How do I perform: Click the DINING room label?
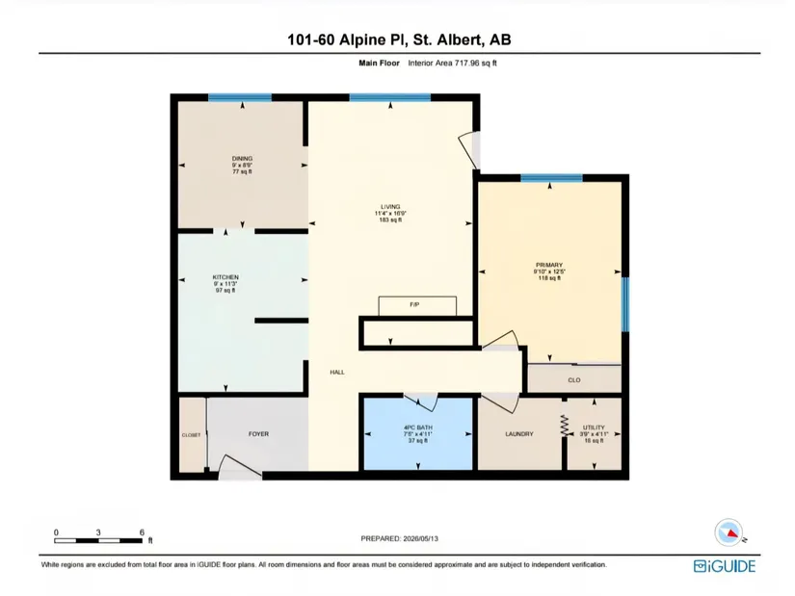[x=242, y=159]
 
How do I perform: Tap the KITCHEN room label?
[x=225, y=277]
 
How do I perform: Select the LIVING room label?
[x=390, y=207]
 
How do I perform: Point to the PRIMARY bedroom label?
[x=549, y=265]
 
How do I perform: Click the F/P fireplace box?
[x=417, y=306]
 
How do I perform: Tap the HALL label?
[x=337, y=372]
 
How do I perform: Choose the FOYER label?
[x=258, y=434]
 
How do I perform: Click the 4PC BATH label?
[x=418, y=428]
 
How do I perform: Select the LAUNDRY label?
[x=519, y=434]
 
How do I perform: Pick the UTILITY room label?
[x=594, y=428]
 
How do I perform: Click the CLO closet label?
[x=574, y=380]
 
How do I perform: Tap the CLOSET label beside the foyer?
[x=191, y=435]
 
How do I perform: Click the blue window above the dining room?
[x=240, y=97]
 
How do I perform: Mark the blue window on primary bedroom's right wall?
[x=625, y=304]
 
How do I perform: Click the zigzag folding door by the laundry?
[x=564, y=426]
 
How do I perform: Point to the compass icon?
[x=729, y=532]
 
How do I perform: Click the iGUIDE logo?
[x=724, y=566]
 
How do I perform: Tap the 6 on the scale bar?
[x=142, y=532]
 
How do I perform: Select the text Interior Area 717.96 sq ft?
[x=452, y=64]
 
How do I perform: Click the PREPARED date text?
[x=400, y=539]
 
